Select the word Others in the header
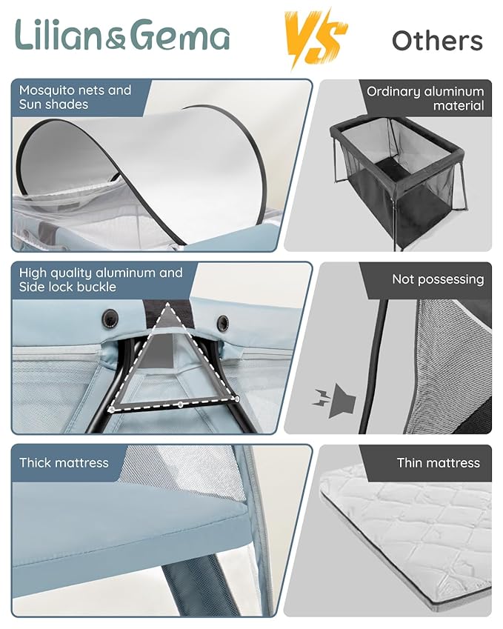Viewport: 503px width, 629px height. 437,41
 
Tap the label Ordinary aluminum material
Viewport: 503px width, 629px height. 425,99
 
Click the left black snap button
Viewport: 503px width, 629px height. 110,318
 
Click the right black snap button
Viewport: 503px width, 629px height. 223,322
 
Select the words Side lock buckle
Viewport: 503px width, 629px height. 67,287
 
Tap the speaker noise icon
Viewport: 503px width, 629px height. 334,401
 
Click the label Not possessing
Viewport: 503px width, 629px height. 438,279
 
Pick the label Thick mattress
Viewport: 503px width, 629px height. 64,463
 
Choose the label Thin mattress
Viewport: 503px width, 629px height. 439,463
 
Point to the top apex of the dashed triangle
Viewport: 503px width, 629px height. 167,305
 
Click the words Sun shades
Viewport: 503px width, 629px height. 53,104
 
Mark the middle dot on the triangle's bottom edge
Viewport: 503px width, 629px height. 181,405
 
